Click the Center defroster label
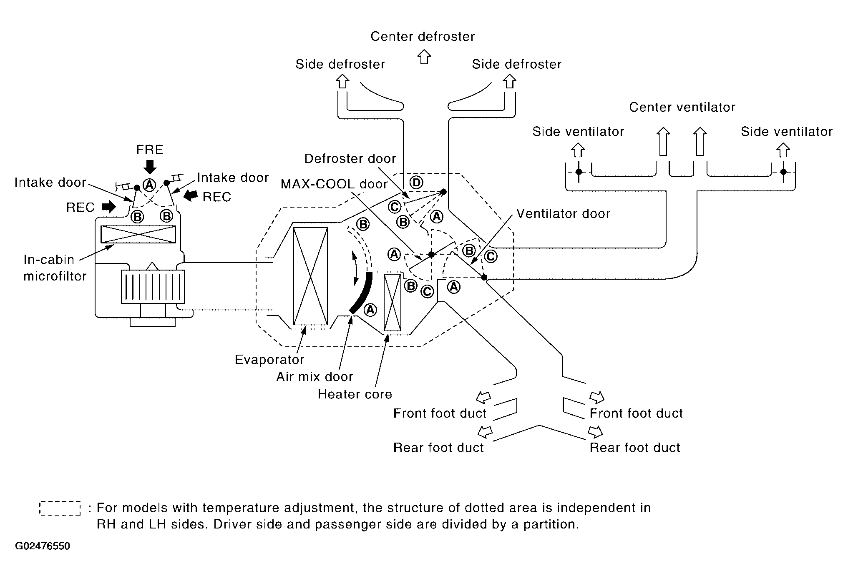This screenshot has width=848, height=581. (423, 37)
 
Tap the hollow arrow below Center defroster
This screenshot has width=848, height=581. (424, 57)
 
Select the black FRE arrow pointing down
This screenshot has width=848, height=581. (150, 167)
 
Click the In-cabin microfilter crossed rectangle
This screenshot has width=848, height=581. (138, 234)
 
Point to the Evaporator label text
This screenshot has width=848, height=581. (269, 360)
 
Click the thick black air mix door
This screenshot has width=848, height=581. (361, 292)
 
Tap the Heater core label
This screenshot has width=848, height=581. (355, 394)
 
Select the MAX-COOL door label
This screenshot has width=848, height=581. (334, 184)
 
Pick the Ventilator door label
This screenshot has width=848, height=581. (564, 214)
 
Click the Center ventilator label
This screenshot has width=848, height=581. (682, 108)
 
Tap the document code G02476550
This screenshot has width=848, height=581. (43, 546)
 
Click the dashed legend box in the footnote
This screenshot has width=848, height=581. (60, 508)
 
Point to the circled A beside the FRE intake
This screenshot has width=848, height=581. (149, 185)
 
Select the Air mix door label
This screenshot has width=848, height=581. (315, 377)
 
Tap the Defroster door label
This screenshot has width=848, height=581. (350, 159)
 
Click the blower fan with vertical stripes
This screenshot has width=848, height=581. (153, 286)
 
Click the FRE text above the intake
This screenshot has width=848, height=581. (150, 150)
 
